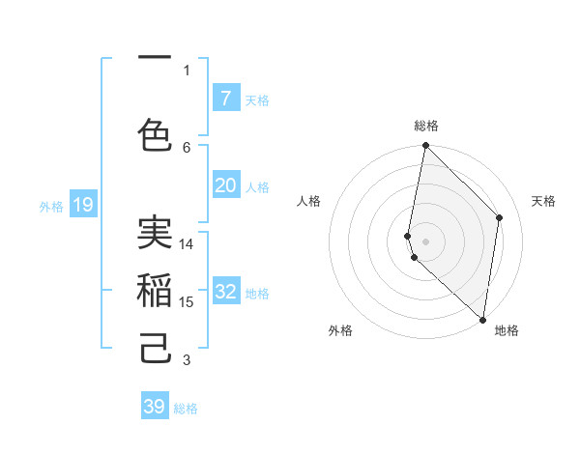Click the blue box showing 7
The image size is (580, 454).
[225, 98]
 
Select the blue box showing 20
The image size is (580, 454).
[225, 185]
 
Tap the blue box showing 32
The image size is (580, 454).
[225, 292]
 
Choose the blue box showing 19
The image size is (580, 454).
[83, 204]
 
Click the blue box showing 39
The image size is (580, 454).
[155, 407]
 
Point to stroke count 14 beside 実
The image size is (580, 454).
[187, 244]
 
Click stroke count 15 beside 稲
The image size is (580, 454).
[187, 302]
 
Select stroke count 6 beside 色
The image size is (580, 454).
[187, 147]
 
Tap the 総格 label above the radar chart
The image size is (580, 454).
[426, 126]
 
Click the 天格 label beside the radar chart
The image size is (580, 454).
[543, 201]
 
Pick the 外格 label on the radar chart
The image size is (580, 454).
[340, 330]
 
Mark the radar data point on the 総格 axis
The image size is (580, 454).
[425, 146]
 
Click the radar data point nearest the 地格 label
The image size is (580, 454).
[482, 319]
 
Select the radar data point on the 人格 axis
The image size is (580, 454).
[408, 236]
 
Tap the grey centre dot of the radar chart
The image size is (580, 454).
[425, 241]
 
